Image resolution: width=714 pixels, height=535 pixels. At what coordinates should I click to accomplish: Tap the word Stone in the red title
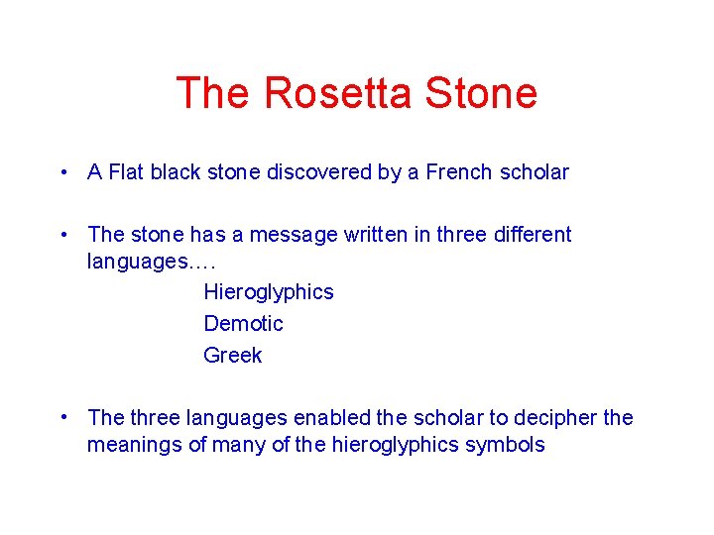[481, 94]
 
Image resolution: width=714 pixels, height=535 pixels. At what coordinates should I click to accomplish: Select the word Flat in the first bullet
[126, 172]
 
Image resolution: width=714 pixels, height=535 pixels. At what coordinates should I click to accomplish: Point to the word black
[177, 172]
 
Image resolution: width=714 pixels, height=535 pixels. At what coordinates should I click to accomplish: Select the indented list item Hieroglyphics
[269, 292]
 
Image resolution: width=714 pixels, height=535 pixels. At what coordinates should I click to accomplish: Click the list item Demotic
[243, 324]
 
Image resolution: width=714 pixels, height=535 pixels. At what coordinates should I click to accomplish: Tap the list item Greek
[233, 356]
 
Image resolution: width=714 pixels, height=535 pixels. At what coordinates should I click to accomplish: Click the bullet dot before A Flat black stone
[62, 172]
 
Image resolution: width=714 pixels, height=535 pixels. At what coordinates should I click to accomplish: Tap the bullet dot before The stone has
[62, 235]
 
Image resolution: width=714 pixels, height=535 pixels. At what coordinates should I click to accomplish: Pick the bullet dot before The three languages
[62, 417]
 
